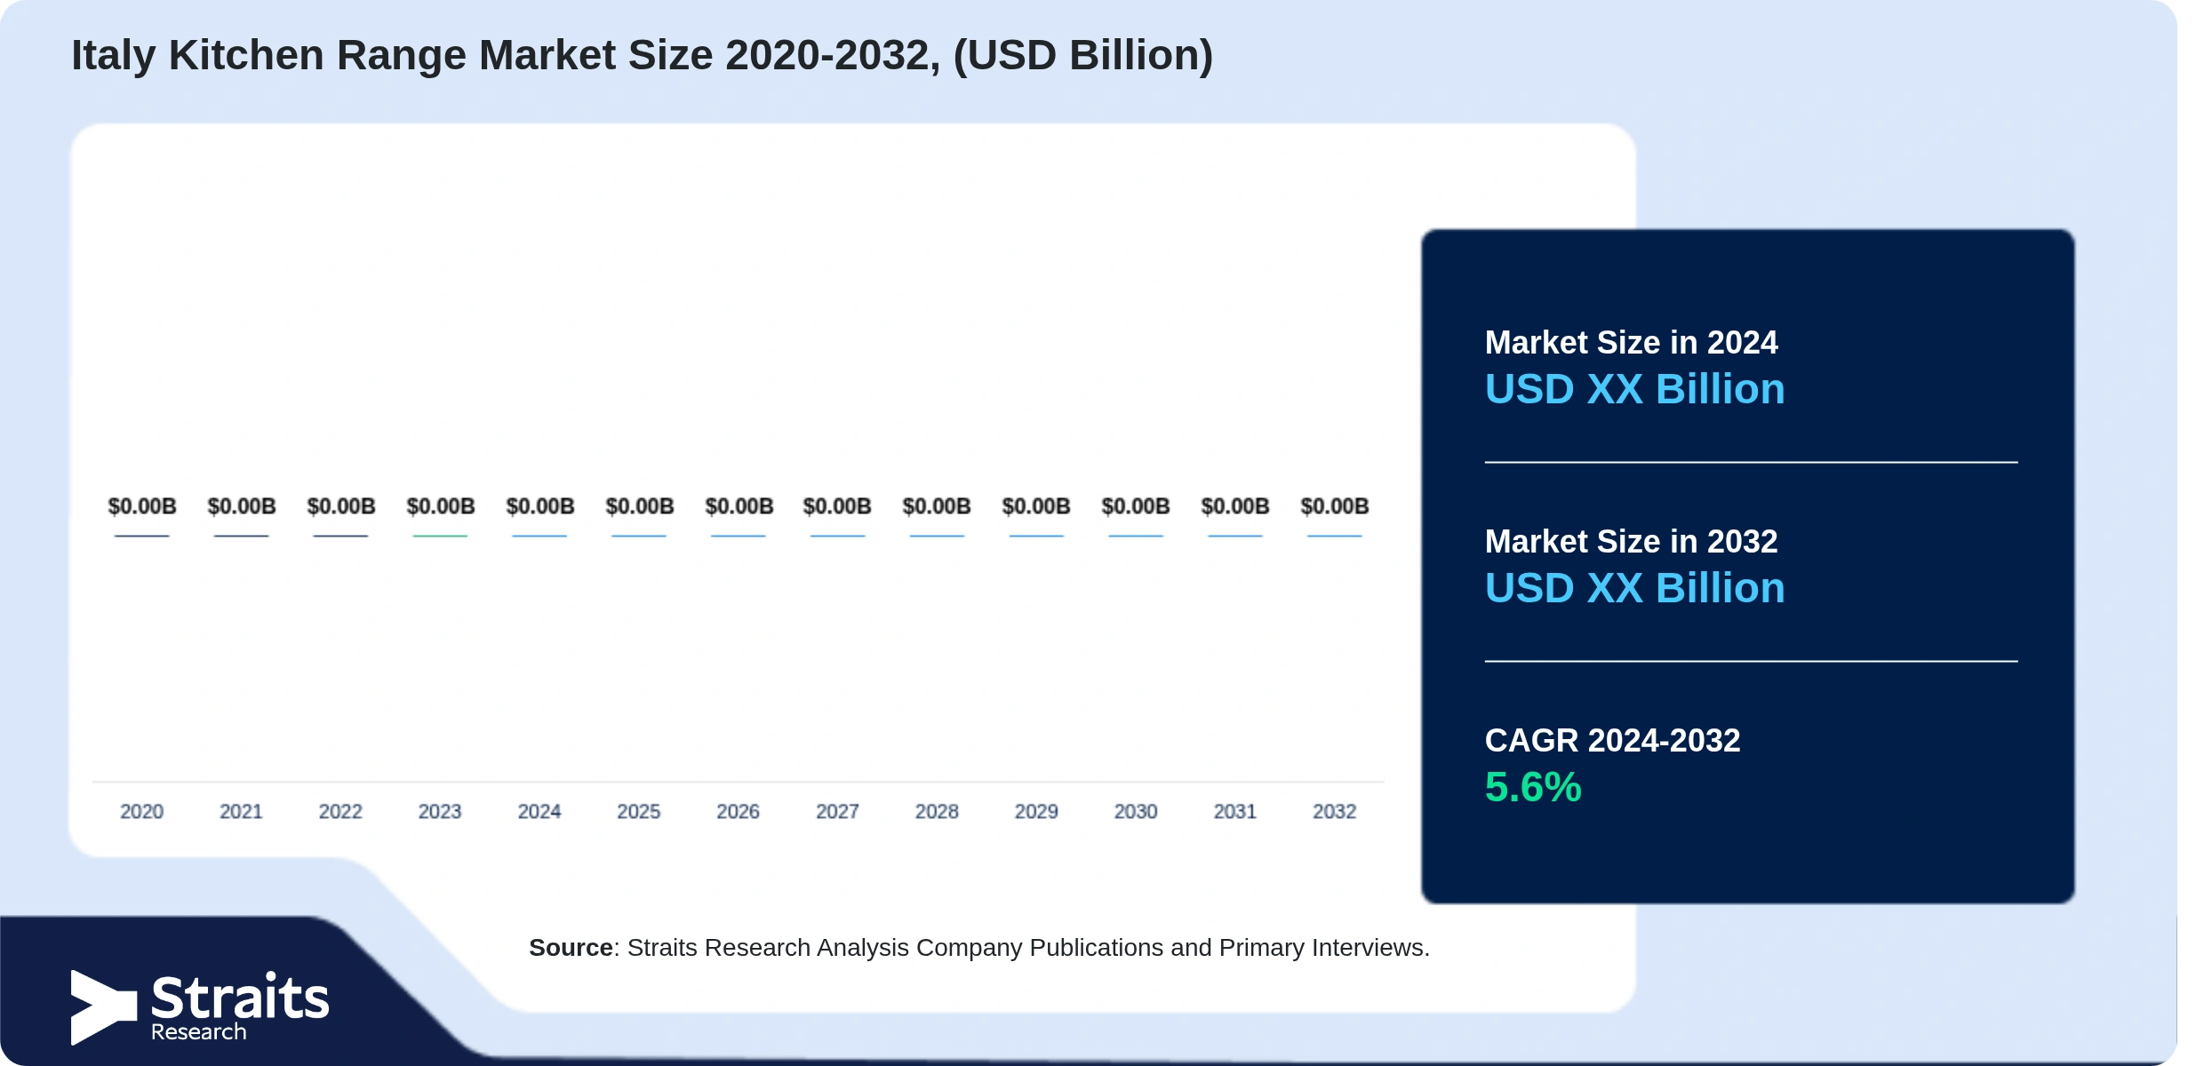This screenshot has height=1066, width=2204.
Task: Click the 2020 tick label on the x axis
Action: click(x=141, y=811)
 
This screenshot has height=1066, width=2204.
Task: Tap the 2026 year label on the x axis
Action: click(x=738, y=811)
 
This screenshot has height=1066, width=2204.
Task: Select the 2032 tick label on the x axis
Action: click(x=1334, y=811)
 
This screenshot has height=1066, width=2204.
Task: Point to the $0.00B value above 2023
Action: click(x=440, y=506)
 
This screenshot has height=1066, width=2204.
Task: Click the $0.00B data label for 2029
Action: click(x=1036, y=506)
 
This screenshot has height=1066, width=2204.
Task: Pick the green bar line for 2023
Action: click(x=440, y=536)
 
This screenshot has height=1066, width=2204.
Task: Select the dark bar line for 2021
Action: click(x=241, y=536)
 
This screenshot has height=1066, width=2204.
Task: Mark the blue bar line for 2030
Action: click(x=1136, y=536)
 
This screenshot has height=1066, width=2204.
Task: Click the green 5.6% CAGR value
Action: click(x=1533, y=787)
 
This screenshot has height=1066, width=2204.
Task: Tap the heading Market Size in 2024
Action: click(x=1631, y=342)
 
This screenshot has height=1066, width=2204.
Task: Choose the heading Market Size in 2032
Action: click(x=1631, y=541)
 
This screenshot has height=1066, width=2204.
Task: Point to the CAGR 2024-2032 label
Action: click(x=1612, y=740)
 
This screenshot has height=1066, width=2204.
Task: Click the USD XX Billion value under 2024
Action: click(x=1634, y=389)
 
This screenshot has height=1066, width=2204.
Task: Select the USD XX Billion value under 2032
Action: click(x=1634, y=588)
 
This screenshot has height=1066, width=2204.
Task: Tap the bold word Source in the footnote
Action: click(x=571, y=948)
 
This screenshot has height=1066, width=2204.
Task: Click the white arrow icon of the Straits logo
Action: click(x=104, y=1006)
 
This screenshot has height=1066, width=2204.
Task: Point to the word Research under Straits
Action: click(x=198, y=1031)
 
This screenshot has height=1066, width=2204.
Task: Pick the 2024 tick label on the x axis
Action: click(x=539, y=811)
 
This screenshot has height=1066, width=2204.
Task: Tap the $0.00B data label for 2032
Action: click(x=1334, y=506)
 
